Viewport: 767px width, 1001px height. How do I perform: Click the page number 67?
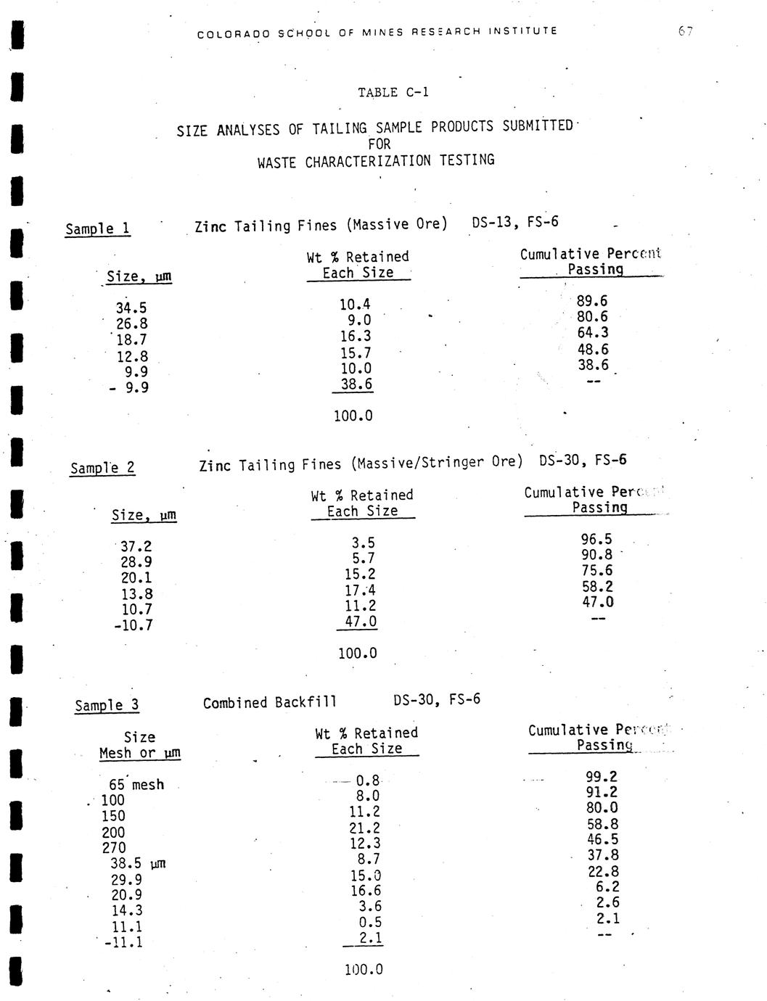point(686,31)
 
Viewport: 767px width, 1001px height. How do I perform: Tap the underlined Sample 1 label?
point(97,229)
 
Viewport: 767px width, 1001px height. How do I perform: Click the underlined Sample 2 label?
point(102,468)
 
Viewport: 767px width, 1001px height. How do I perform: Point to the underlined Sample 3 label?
point(107,706)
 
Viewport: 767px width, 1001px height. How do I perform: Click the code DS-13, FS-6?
point(515,222)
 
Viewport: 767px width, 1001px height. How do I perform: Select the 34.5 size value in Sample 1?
point(131,308)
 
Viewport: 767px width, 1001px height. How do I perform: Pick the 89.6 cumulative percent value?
point(592,301)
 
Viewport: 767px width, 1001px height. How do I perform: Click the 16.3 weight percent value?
point(356,337)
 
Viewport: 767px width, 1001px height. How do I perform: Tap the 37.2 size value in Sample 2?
point(136,546)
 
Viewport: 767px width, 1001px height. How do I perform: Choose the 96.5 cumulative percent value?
point(596,539)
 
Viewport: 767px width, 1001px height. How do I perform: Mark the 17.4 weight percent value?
point(360,590)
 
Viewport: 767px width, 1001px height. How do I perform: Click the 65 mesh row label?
point(136,785)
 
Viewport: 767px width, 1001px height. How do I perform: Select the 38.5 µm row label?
point(138,863)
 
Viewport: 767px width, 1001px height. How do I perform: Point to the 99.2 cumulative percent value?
point(602,777)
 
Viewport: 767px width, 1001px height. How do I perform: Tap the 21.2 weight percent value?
point(364,828)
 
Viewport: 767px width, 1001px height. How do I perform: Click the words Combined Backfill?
point(270,703)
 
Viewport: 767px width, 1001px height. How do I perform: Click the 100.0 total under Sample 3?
point(364,969)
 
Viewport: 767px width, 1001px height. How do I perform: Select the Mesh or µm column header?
point(139,754)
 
